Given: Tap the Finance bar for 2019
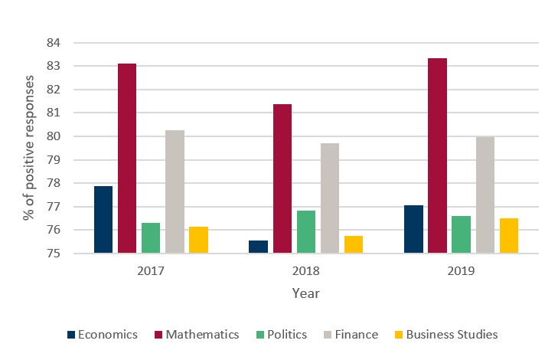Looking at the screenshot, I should click(x=485, y=195).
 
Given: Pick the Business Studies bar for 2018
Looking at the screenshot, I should click(x=354, y=244).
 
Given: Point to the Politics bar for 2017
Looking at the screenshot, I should click(x=151, y=237).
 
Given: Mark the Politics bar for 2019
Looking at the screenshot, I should click(x=461, y=234).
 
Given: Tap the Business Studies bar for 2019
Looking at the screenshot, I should click(x=508, y=235).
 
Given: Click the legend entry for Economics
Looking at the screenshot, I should click(x=103, y=335).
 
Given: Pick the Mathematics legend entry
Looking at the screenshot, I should click(x=196, y=335).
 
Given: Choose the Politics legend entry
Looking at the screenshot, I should click(x=283, y=335).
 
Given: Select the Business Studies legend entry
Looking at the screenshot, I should click(x=445, y=335).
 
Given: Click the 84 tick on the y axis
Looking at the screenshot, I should click(x=53, y=43).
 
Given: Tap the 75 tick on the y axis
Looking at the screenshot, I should click(x=53, y=254).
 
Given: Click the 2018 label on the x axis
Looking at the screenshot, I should click(x=306, y=271).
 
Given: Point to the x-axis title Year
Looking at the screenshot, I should click(x=305, y=293).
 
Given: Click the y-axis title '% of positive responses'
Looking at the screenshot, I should click(x=28, y=148).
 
